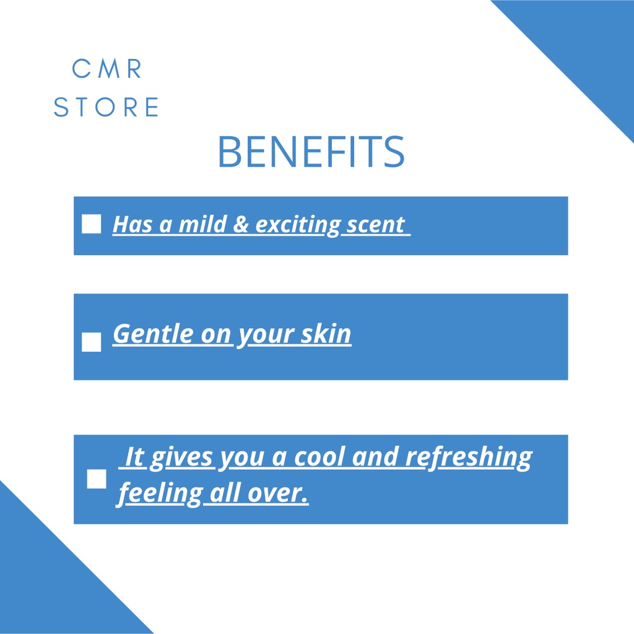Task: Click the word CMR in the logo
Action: click(106, 68)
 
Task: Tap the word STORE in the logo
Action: click(106, 107)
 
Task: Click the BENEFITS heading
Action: click(311, 152)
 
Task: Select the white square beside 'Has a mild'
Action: click(92, 224)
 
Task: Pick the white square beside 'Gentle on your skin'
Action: click(92, 342)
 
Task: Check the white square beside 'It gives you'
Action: click(97, 479)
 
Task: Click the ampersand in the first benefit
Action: click(241, 224)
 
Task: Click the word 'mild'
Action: click(202, 224)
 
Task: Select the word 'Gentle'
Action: click(153, 334)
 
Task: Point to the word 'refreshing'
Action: click(469, 458)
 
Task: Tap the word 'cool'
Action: click(319, 457)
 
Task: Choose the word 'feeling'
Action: click(159, 494)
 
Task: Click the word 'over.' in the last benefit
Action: click(278, 493)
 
